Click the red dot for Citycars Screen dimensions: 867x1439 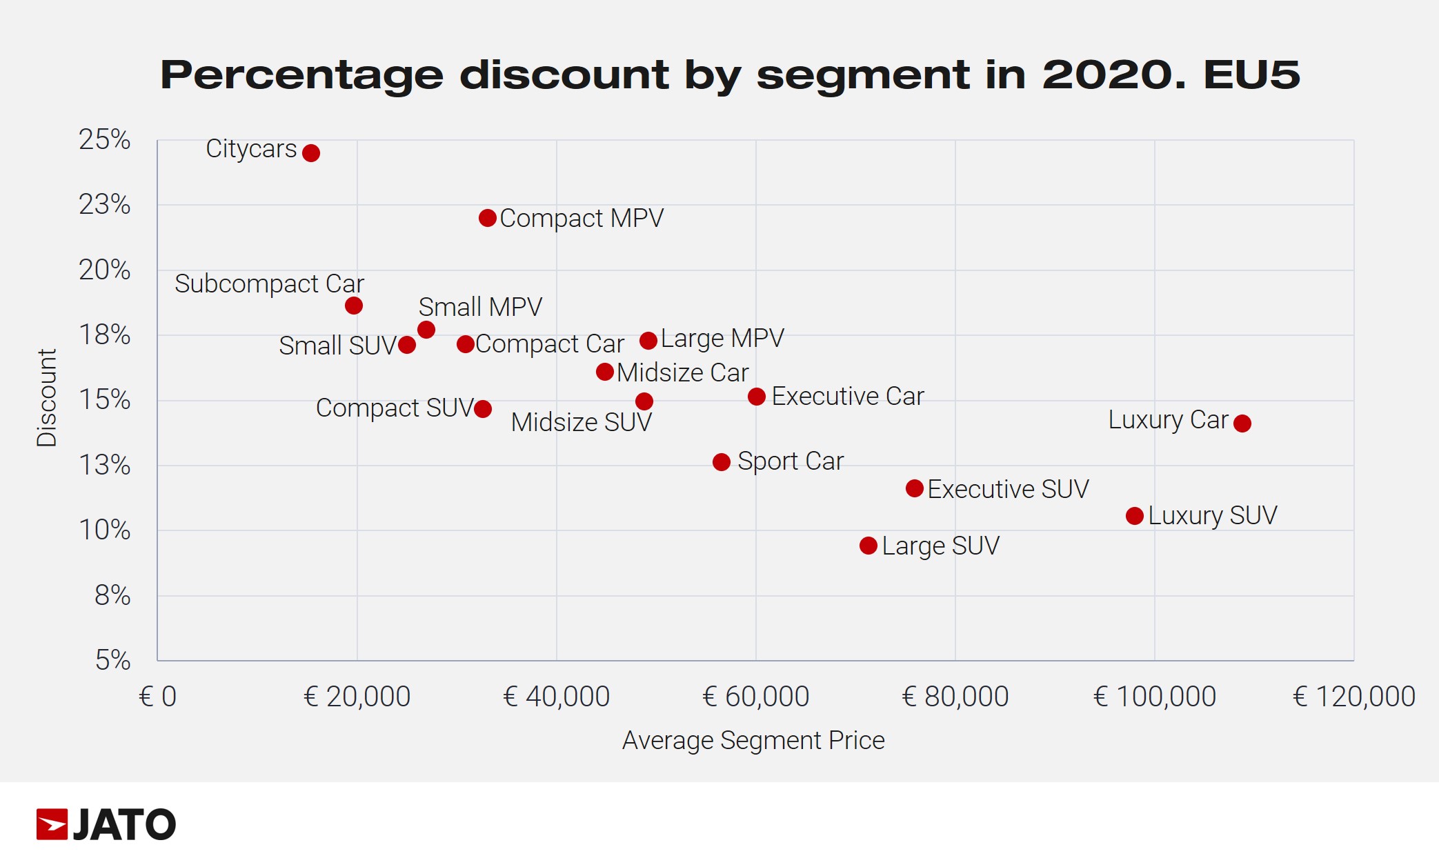(x=311, y=153)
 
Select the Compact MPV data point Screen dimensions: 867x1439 (x=488, y=218)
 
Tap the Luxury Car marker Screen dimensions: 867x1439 (x=1242, y=423)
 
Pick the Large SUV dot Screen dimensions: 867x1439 (x=869, y=546)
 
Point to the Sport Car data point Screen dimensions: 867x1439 (x=722, y=462)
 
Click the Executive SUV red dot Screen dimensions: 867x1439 (x=915, y=489)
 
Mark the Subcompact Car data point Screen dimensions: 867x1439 (x=354, y=306)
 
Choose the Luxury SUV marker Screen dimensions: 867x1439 (x=1135, y=516)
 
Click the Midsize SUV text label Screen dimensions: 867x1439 (x=581, y=422)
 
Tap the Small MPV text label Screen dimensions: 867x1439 (x=480, y=307)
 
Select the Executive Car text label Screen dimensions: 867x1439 (x=847, y=397)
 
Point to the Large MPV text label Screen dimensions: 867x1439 (x=722, y=339)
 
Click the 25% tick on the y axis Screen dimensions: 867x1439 (x=105, y=140)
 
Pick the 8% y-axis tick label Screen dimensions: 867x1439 (x=112, y=595)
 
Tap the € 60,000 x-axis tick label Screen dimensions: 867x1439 (x=755, y=697)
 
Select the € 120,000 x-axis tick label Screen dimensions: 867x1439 (x=1353, y=697)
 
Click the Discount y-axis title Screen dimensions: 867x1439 (x=47, y=398)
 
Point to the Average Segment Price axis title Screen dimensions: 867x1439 (x=753, y=740)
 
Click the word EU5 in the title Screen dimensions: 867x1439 (x=1251, y=74)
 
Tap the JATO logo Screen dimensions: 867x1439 (x=106, y=824)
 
